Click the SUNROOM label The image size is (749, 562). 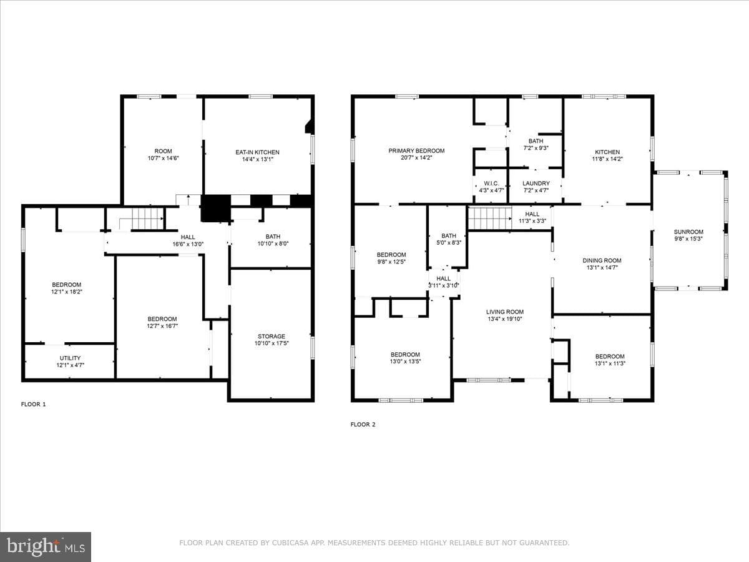(688, 232)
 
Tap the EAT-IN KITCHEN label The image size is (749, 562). (257, 152)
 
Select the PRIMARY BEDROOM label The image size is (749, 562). (416, 151)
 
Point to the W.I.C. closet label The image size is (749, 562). (491, 184)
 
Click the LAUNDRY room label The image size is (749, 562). (536, 184)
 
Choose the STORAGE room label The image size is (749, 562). (272, 337)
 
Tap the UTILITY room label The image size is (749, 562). (70, 358)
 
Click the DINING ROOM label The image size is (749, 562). (602, 260)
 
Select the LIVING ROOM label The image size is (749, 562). (505, 312)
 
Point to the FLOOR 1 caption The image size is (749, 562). (33, 405)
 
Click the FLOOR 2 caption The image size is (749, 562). (363, 425)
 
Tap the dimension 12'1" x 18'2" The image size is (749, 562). (67, 292)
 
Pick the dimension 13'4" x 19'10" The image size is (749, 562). (505, 319)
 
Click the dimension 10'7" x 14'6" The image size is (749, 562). (163, 158)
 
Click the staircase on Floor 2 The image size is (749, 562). (490, 218)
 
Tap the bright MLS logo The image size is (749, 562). (46, 546)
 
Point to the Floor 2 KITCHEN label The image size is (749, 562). (607, 152)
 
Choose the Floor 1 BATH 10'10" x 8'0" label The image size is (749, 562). (273, 240)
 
